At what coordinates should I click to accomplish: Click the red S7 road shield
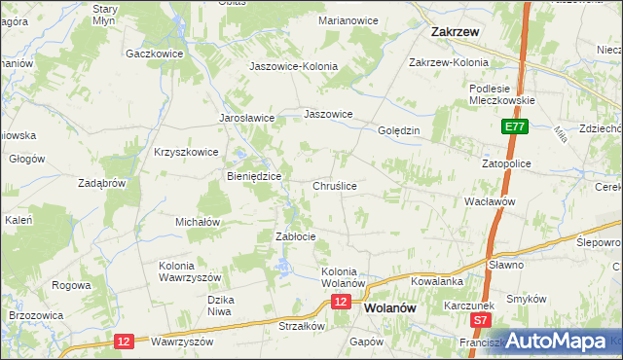coord(479,319)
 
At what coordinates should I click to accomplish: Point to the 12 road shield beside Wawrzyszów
coord(124,341)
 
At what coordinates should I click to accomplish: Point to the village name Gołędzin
coord(398,130)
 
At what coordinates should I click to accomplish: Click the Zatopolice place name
coord(506,163)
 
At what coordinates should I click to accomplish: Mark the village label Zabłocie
coord(296,236)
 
